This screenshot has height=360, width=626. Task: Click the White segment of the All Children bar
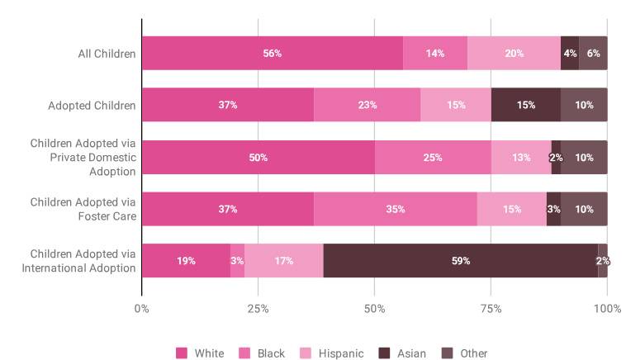click(x=272, y=54)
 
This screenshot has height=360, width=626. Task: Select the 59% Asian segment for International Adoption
click(x=460, y=261)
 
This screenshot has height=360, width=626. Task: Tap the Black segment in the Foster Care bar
click(x=395, y=209)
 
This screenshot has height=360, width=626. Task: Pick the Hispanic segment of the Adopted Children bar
click(x=455, y=105)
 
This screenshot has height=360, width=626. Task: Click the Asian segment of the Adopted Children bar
click(x=525, y=105)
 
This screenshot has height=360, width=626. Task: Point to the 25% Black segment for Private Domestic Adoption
click(x=432, y=157)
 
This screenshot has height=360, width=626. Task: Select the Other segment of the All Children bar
click(x=593, y=54)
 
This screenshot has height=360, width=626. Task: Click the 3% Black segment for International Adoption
click(x=237, y=261)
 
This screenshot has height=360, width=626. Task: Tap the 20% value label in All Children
click(x=514, y=54)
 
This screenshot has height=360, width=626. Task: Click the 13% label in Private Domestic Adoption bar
click(x=521, y=157)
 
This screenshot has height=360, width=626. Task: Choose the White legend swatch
click(x=182, y=353)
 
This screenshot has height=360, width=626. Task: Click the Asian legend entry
click(x=402, y=353)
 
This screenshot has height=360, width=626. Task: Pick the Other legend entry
click(x=465, y=353)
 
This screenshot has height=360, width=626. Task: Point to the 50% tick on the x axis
click(x=374, y=309)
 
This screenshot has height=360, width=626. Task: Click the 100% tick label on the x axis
click(x=607, y=309)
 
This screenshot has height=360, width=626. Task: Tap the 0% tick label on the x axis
click(x=142, y=309)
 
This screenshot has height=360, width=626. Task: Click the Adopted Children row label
click(x=92, y=106)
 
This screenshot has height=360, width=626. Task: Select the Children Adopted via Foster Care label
click(x=83, y=209)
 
